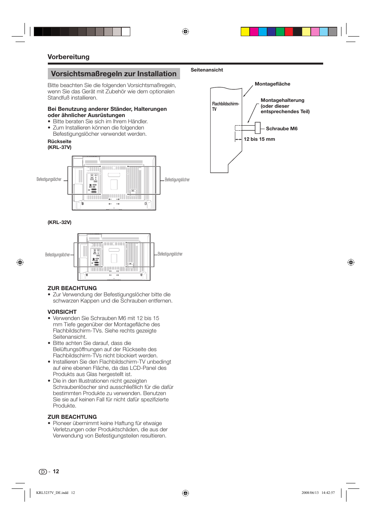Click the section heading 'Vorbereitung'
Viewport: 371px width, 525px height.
coord(68,57)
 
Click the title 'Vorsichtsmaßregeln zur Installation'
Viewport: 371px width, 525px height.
coord(114,74)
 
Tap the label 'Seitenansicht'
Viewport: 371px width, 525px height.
coord(206,70)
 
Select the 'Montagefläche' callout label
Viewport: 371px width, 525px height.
coord(272,84)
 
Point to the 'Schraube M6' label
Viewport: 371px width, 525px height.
coord(282,129)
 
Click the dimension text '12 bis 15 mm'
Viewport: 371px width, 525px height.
coord(259,139)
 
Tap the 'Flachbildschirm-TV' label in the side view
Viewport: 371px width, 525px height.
coord(225,107)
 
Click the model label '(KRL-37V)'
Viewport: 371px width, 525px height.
coord(59,147)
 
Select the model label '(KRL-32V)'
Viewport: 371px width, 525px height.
coord(59,222)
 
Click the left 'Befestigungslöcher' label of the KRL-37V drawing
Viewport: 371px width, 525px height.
coord(49,180)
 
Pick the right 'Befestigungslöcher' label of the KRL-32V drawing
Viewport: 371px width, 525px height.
coord(170,254)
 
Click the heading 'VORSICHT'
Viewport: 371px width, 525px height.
coord(62,312)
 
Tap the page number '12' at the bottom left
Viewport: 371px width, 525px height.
coord(56,471)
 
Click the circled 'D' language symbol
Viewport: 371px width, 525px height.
coord(42,472)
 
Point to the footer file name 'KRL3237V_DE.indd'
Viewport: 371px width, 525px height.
coord(52,493)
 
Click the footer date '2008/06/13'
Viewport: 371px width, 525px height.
coord(310,493)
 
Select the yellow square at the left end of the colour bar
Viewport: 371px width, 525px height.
coord(245,31)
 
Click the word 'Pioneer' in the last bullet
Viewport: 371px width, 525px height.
coord(62,423)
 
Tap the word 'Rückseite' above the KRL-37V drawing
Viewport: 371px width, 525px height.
coord(59,142)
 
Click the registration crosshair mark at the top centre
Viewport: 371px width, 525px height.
coord(185,31)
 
